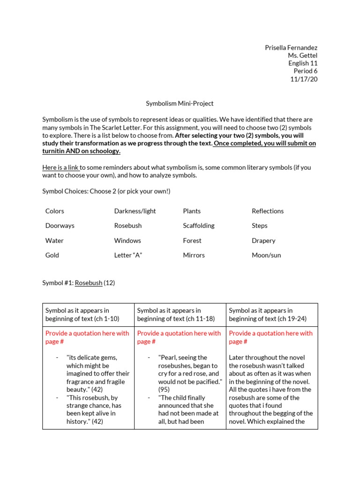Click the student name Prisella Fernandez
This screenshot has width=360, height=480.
pos(291,48)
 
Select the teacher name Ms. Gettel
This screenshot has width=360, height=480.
pos(302,56)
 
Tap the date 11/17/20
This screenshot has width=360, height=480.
pos(304,79)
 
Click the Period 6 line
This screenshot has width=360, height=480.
pos(305,71)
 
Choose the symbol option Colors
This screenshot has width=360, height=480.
pos(55,211)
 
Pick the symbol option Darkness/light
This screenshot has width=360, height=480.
pos(135,211)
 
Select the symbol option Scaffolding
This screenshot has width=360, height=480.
pos(198,225)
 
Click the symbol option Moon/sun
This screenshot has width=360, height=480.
pos(266,255)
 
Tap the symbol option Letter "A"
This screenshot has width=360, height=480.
pos(128,255)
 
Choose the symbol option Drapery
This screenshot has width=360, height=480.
pos(263,240)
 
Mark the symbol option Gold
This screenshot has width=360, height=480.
pos(52,255)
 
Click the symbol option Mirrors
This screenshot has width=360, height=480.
pos(194,255)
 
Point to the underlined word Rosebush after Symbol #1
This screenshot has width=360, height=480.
pos(89,283)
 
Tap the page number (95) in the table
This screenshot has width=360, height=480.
pos(164,389)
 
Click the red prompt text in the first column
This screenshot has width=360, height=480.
pos(87,337)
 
